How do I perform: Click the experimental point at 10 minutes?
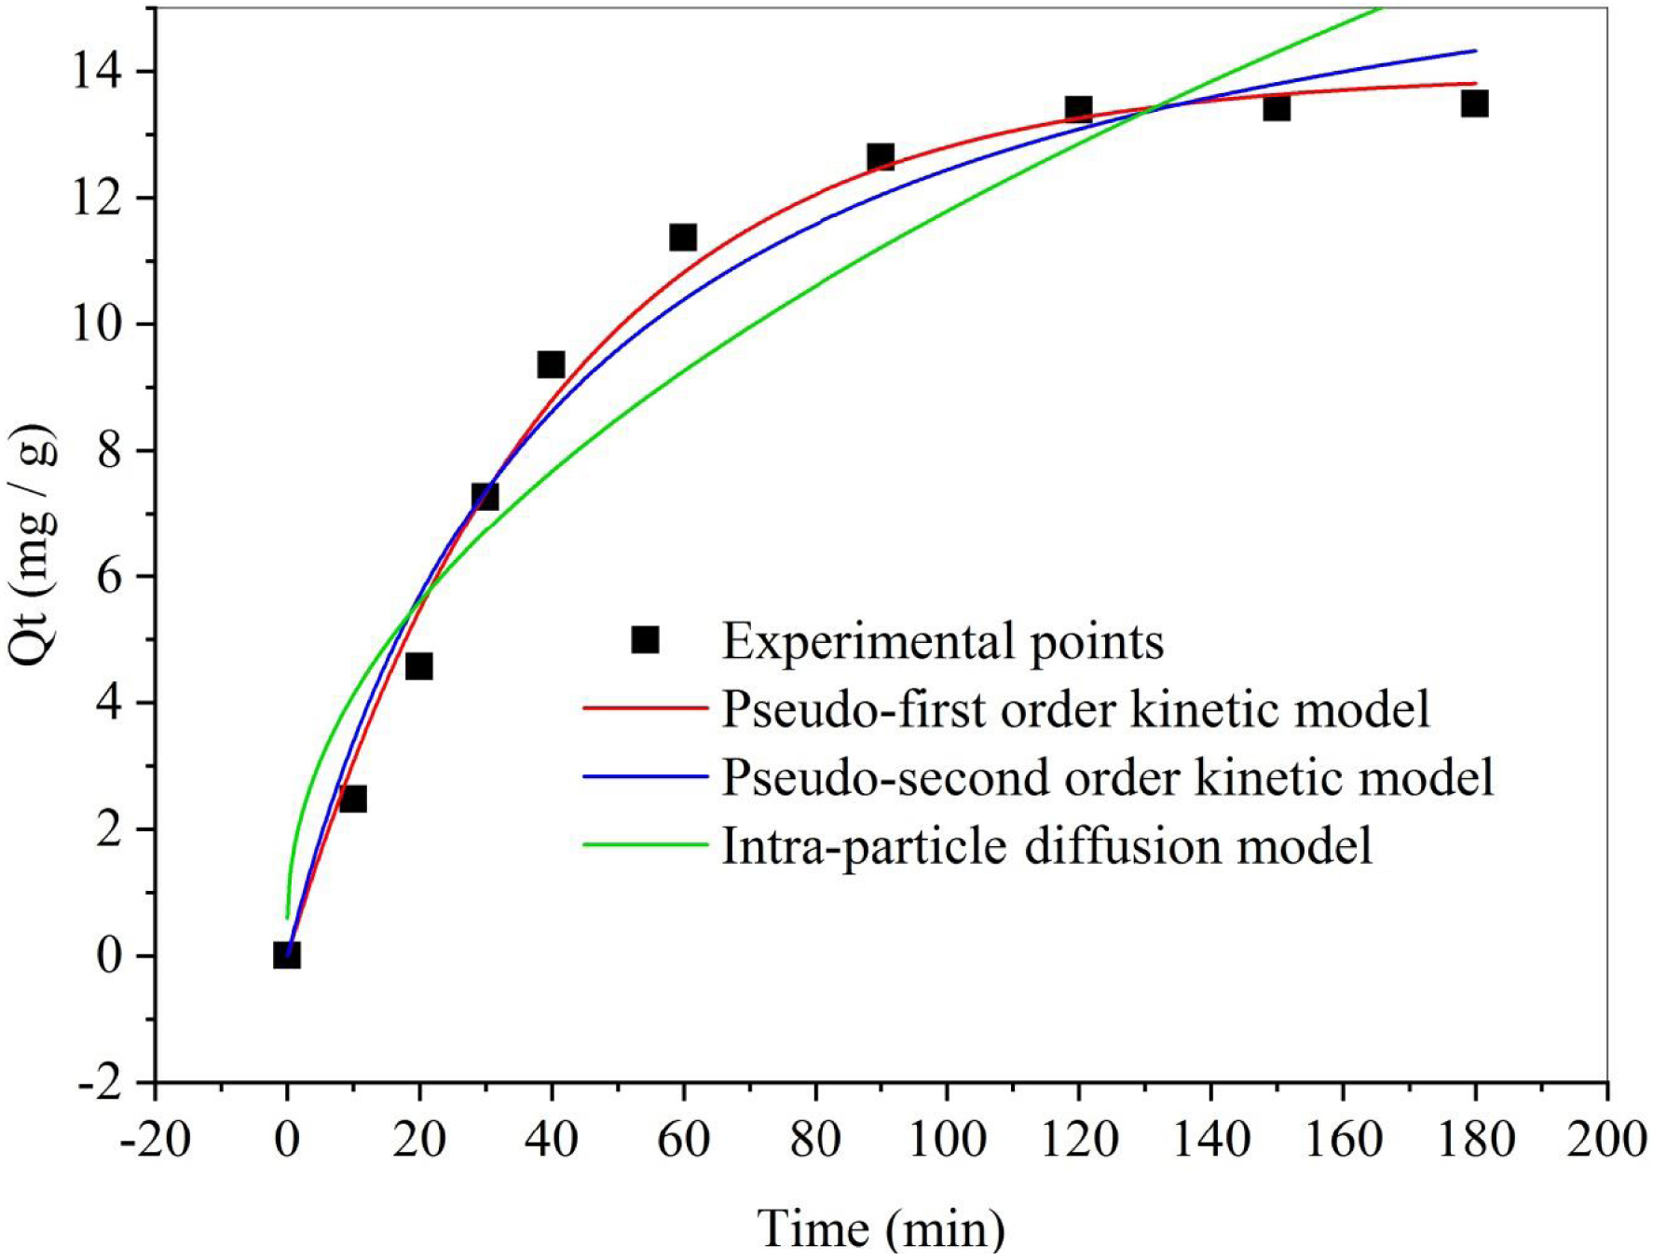(352, 799)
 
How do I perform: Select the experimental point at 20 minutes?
(418, 666)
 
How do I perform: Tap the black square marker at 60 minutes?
(683, 238)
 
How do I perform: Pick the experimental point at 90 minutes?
(881, 157)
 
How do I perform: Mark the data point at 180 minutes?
(1474, 103)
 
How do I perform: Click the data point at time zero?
(287, 955)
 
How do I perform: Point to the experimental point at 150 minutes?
(1277, 108)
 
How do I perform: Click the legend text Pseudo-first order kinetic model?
(1075, 709)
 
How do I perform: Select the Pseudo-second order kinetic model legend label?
(1107, 777)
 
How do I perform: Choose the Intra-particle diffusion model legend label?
(1046, 846)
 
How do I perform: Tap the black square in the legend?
(645, 640)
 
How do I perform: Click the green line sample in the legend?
(645, 845)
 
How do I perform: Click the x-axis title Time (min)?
(881, 1228)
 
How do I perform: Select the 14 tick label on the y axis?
(99, 72)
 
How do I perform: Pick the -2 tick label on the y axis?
(99, 1083)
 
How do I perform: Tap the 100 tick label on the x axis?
(947, 1139)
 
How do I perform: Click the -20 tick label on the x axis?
(156, 1139)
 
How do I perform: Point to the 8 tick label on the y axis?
(109, 451)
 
